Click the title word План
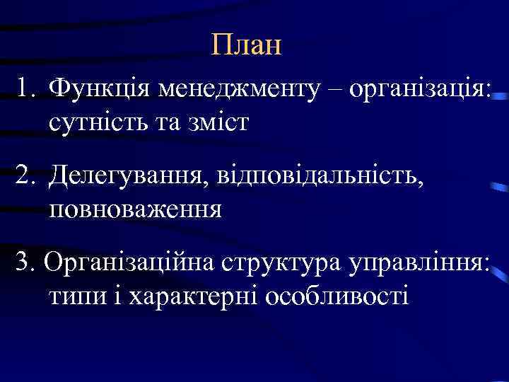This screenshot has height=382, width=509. point(246,46)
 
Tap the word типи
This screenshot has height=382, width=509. point(76,296)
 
